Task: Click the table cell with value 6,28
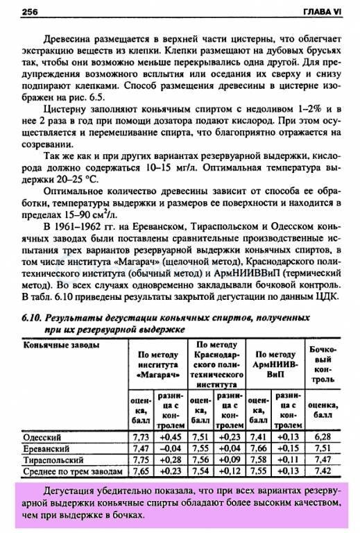324,437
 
